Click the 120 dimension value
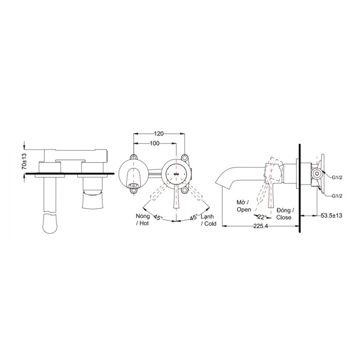pyautogui.click(x=159, y=133)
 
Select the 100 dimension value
pyautogui.click(x=154, y=143)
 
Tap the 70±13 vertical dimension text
pyautogui.click(x=24, y=162)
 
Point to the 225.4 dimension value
pyautogui.click(x=260, y=226)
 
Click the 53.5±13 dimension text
pyautogui.click(x=331, y=216)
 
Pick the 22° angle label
pyautogui.click(x=262, y=217)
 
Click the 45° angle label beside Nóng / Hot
pyautogui.click(x=158, y=217)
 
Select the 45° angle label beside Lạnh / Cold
pyautogui.click(x=193, y=217)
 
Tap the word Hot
pyautogui.click(x=144, y=223)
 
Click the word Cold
pyautogui.click(x=210, y=224)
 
